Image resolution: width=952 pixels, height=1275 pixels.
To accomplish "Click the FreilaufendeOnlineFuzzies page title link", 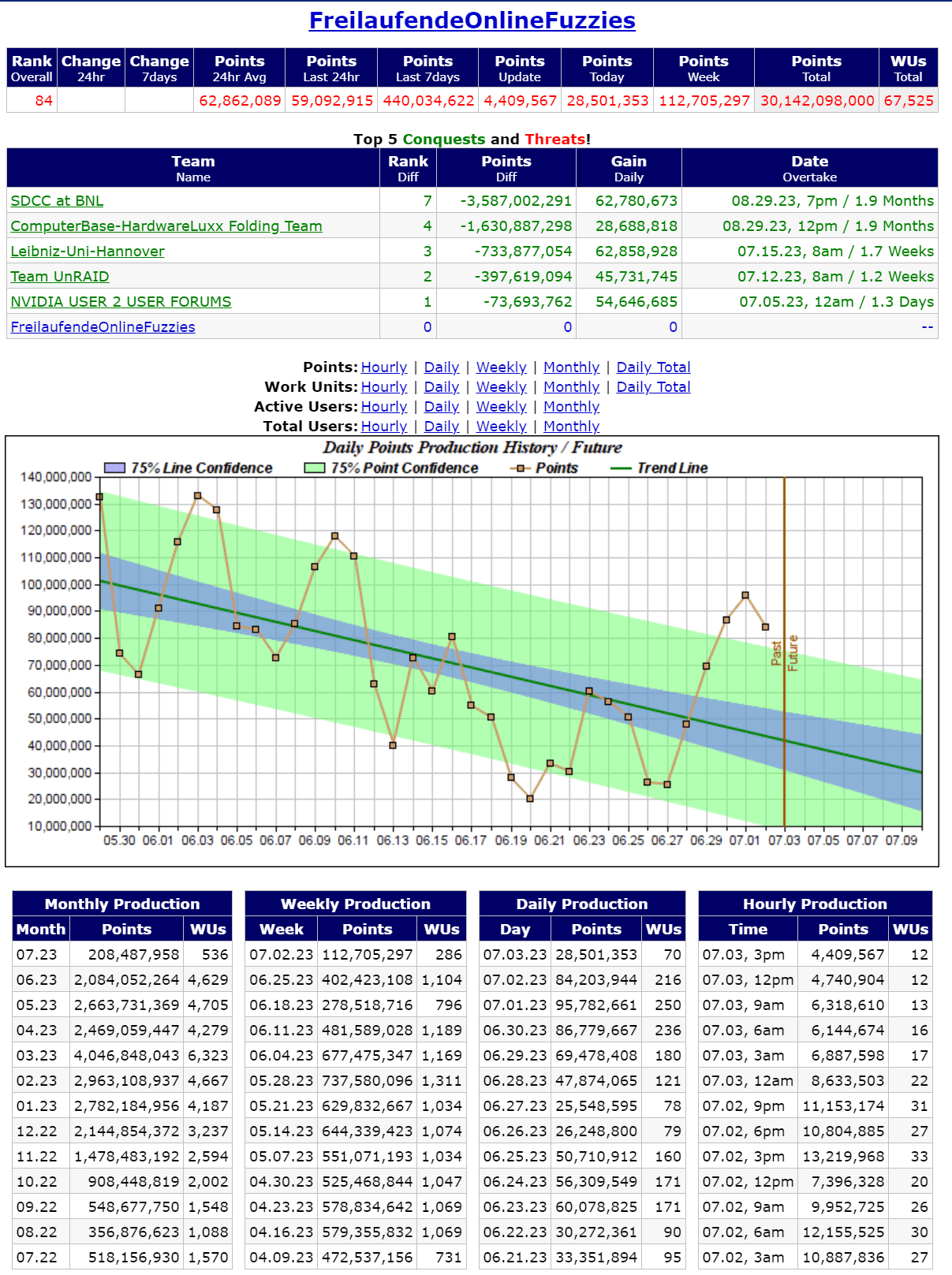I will coord(472,21).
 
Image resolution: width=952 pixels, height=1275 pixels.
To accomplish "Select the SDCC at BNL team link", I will coord(57,201).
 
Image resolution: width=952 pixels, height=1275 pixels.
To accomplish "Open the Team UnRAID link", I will coord(60,277).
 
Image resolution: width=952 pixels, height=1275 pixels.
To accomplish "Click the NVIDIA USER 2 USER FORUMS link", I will coord(121,302).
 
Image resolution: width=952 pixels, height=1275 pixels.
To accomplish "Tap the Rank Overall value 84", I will coord(44,101).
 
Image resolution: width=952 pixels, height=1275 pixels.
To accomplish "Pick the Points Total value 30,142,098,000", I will coord(817,101).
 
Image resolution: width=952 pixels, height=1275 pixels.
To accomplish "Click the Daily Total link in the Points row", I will coord(653,367).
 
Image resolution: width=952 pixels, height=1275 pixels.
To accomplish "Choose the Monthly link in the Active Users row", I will coord(571,407).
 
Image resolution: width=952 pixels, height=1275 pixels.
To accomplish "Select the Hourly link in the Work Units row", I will coord(384,387).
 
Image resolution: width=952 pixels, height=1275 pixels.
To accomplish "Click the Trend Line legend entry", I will coord(672,468).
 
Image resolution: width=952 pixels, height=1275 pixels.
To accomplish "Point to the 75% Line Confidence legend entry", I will coord(201,468).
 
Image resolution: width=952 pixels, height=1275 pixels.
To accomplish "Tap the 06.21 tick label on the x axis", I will coord(550,841).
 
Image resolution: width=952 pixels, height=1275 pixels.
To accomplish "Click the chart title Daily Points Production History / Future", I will coord(472,448).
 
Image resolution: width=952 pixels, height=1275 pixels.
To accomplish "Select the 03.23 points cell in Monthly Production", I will coord(127,1056).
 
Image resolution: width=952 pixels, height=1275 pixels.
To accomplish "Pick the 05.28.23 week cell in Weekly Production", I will coord(281,1081).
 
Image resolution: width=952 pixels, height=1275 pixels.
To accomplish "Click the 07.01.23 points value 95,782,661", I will coord(596,1005).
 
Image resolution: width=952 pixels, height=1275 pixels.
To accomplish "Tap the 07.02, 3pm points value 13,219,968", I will coord(843,1157).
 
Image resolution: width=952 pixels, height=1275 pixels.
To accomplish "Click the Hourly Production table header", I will coord(815,904).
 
